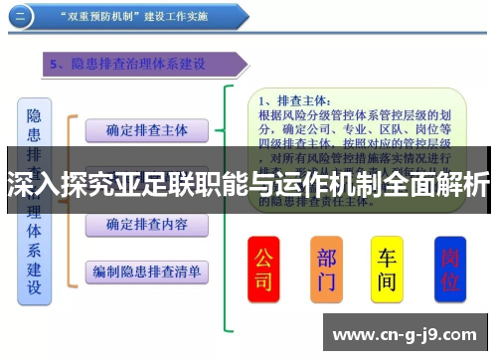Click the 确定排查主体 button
click(x=146, y=129)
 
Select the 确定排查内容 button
click(x=146, y=225)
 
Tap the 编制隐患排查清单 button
click(x=146, y=270)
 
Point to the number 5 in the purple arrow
click(x=56, y=66)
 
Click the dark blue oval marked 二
click(x=27, y=16)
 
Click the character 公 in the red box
click(x=263, y=257)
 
